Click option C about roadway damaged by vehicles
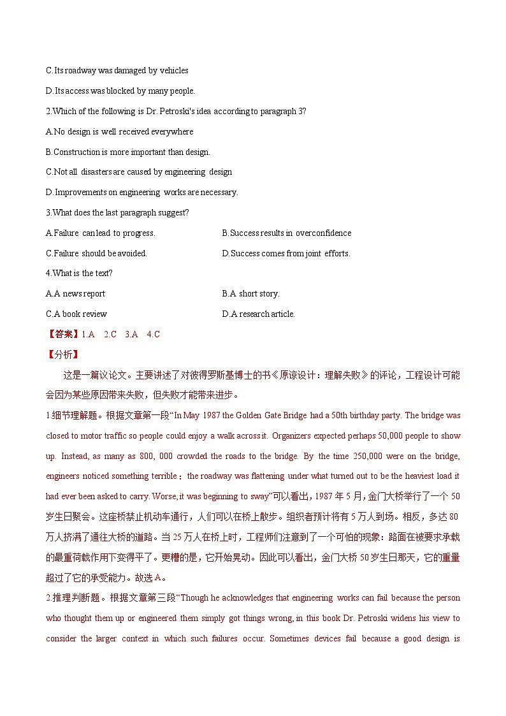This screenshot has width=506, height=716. (117, 71)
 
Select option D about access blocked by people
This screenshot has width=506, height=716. (120, 91)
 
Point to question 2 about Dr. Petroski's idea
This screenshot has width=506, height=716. (176, 112)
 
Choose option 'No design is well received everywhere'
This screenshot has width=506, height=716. (120, 132)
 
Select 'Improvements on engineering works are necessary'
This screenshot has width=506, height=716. (142, 193)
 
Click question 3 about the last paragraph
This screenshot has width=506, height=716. (117, 213)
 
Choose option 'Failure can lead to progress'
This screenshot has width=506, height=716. (101, 233)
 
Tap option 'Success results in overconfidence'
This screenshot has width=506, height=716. (286, 233)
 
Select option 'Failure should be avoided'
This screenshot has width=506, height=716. (96, 254)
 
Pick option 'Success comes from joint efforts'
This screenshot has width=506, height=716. (286, 254)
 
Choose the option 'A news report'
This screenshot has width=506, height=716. (75, 294)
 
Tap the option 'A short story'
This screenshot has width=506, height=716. (250, 294)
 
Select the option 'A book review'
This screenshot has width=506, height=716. (76, 314)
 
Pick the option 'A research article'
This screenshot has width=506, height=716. (258, 314)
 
